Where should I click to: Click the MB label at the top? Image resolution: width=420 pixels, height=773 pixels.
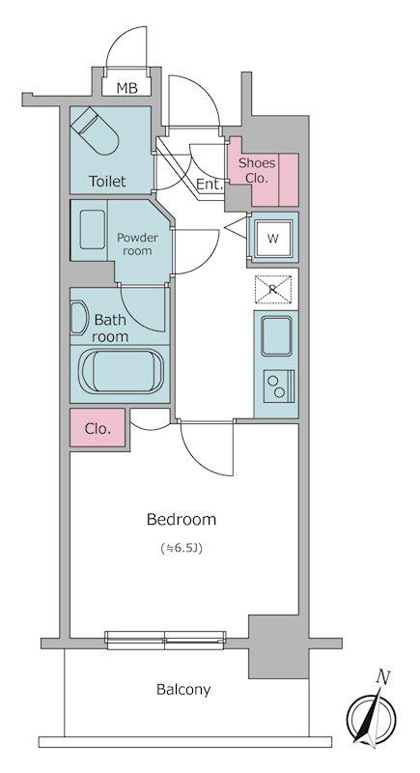127,88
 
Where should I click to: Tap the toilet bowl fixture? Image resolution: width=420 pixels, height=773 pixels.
95,131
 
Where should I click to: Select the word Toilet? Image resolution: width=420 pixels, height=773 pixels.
107,182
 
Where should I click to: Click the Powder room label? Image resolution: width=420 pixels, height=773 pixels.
137,244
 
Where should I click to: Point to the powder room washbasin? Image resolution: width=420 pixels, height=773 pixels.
92,229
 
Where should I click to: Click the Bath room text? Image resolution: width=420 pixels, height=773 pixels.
110,329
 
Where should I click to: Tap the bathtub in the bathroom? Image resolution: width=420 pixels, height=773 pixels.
122,371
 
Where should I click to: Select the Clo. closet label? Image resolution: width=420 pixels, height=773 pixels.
98,429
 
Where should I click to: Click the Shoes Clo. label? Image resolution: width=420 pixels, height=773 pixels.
257,170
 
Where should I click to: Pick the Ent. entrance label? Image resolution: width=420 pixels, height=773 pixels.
210,185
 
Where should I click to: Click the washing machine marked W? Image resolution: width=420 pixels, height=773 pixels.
273,238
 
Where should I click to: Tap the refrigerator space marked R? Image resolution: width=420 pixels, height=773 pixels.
273,289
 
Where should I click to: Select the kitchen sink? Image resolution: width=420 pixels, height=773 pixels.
276,336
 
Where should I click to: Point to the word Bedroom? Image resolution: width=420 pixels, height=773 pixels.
182,519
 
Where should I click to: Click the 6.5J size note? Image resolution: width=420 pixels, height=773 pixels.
182,548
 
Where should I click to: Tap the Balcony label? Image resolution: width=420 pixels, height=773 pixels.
183,689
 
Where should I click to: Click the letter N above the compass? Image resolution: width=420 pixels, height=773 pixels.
381,678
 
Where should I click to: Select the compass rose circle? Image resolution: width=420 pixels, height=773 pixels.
371,717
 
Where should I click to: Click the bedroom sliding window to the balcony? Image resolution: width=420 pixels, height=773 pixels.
166,641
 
